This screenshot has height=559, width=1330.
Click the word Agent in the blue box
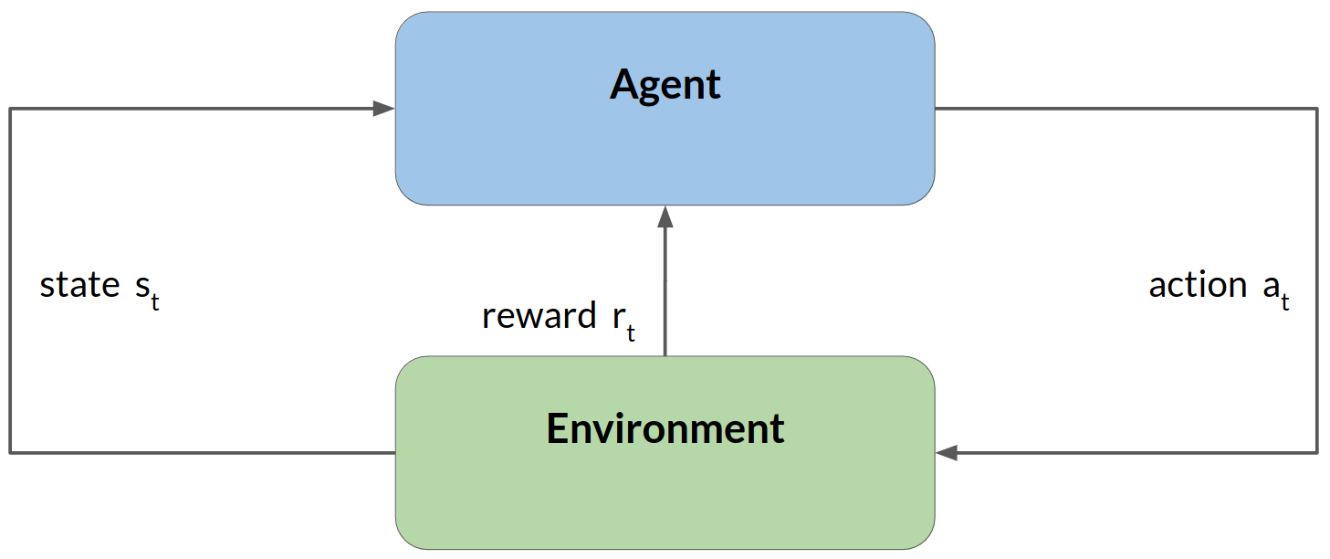[665, 85]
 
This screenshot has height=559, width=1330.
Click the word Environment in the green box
[665, 428]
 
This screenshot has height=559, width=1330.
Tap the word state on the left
[79, 285]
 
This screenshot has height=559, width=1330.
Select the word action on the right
[1198, 285]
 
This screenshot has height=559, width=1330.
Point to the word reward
[539, 316]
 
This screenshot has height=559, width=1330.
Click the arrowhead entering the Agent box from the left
[384, 109]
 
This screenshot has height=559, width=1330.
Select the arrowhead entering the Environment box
[946, 452]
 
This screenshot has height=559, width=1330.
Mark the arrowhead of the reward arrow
[665, 216]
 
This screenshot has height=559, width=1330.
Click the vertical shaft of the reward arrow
[665, 292]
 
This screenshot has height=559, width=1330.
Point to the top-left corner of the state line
[10, 109]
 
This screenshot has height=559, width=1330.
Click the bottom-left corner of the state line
[10, 452]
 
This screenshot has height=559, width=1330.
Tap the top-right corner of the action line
[1316, 109]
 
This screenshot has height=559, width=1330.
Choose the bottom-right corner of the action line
[1316, 452]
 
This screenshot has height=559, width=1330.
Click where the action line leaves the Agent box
[937, 109]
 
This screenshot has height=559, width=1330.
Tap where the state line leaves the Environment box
[394, 452]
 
